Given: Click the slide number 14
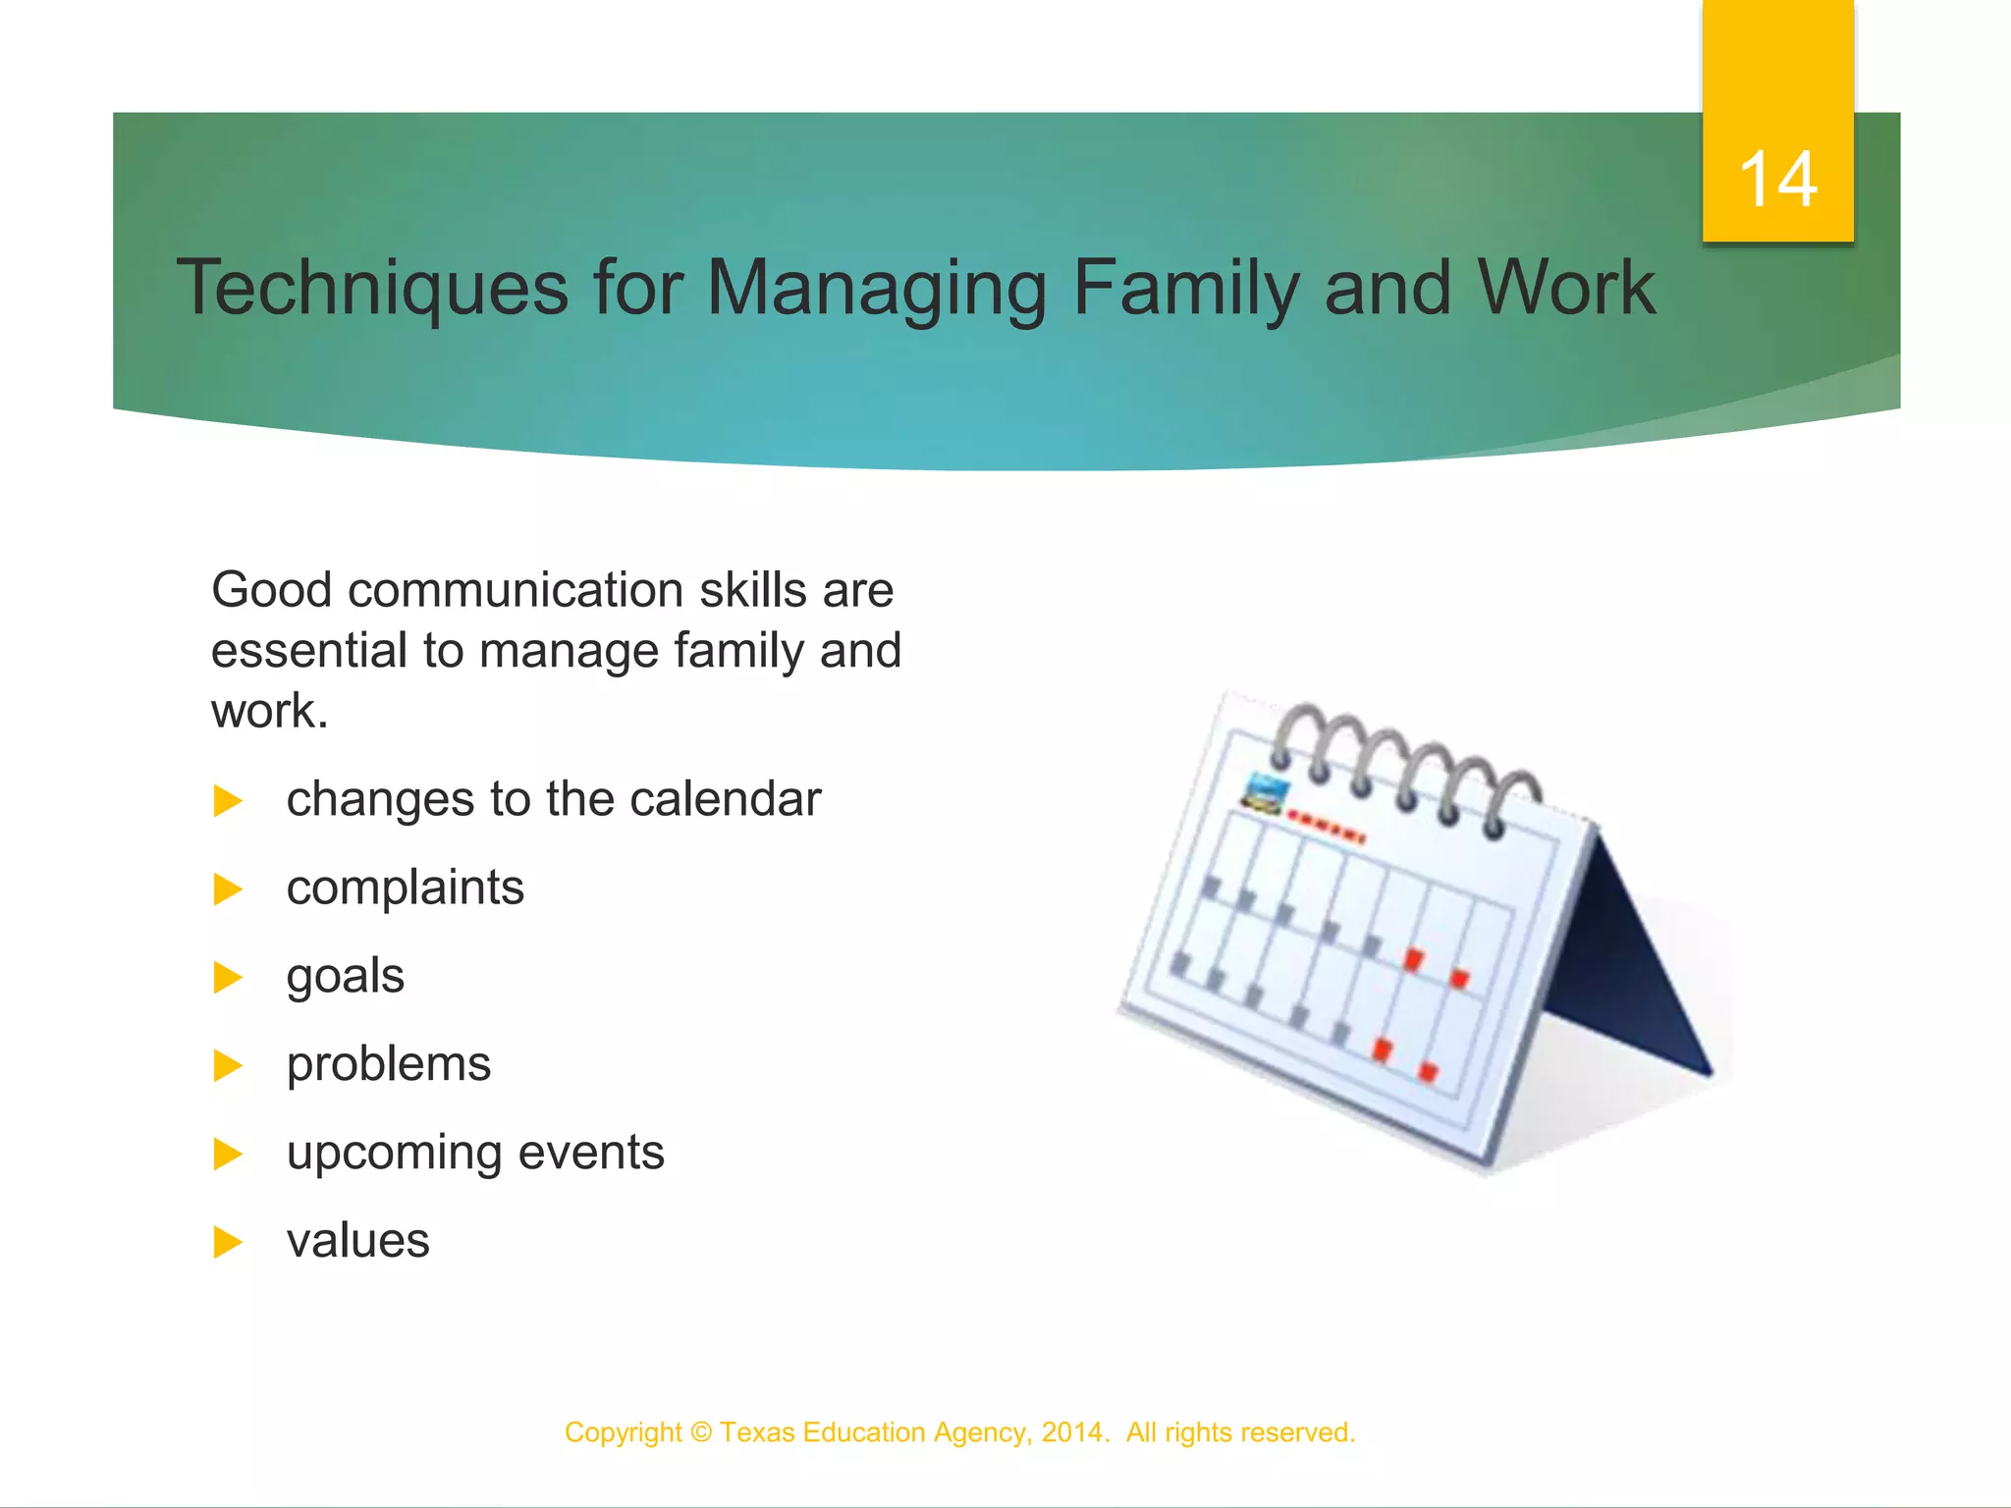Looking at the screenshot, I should point(1777,180).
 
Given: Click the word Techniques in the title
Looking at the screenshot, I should point(372,288).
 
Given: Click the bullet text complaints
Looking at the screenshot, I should point(405,888).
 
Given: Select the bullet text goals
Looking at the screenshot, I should point(345,976).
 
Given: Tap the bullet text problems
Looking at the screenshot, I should point(388,1064).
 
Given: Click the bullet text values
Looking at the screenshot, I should point(357,1241).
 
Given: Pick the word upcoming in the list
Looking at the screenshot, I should point(394,1153).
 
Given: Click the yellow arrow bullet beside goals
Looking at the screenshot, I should point(227,978).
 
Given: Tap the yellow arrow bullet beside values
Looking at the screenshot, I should point(227,1243).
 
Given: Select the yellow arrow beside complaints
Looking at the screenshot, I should point(227,889).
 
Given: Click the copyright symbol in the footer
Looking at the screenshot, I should point(701,1432).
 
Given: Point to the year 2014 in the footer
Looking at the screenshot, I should point(1071,1432).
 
